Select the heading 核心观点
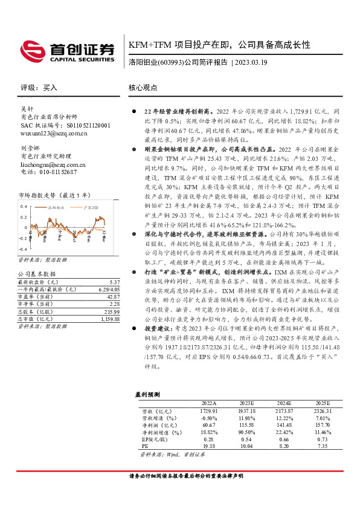(x=144, y=88)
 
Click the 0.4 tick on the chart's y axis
(x=24, y=207)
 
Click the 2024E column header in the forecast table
(x=284, y=402)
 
